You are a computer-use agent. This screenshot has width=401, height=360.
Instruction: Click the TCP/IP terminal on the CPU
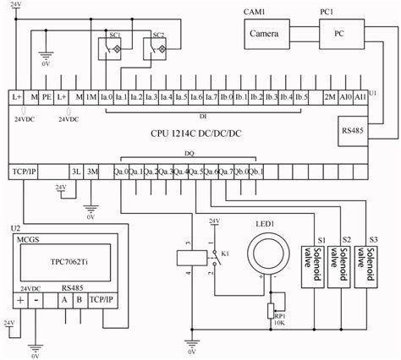click(24, 171)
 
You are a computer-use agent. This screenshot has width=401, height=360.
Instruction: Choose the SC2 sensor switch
click(158, 51)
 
